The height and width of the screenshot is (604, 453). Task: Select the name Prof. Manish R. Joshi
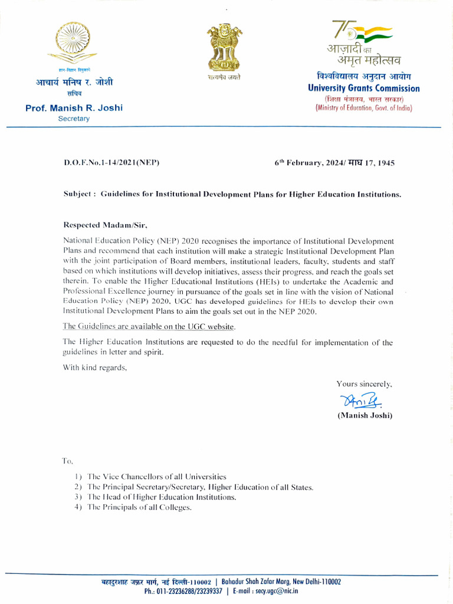coord(74,108)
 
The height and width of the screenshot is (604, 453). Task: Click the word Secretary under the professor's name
coord(74,119)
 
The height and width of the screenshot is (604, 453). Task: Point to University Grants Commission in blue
coord(363,88)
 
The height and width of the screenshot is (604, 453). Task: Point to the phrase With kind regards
coord(94,367)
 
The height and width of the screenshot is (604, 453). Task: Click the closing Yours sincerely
coord(364,384)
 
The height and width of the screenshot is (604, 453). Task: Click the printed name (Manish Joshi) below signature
coord(365,415)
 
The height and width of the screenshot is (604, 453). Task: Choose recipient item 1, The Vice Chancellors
coord(156,476)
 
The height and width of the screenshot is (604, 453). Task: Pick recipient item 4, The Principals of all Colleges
coord(139,508)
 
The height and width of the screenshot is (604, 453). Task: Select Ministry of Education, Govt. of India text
coord(363,108)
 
